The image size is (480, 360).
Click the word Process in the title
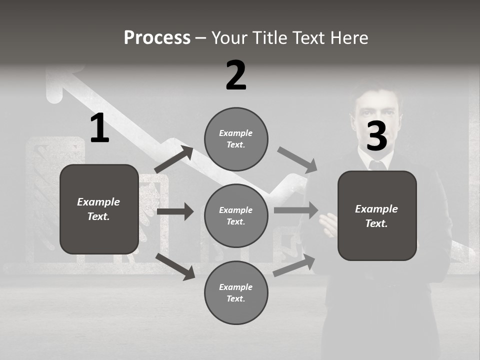(157, 37)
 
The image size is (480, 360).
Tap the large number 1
(99, 128)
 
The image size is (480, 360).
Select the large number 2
(236, 75)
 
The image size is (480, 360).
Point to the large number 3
(376, 136)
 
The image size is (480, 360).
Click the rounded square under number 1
(99, 209)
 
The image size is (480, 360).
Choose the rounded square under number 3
(377, 215)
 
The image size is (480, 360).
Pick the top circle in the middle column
(236, 139)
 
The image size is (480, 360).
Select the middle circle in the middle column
(236, 215)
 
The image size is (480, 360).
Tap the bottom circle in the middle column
(236, 292)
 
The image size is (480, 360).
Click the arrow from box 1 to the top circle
(174, 159)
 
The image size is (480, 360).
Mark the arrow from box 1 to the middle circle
(175, 211)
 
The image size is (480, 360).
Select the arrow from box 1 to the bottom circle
(175, 266)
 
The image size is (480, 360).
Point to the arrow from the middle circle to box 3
(296, 210)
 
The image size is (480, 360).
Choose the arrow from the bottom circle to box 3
(294, 265)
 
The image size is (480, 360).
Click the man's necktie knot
(376, 164)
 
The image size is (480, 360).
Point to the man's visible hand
(329, 225)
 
